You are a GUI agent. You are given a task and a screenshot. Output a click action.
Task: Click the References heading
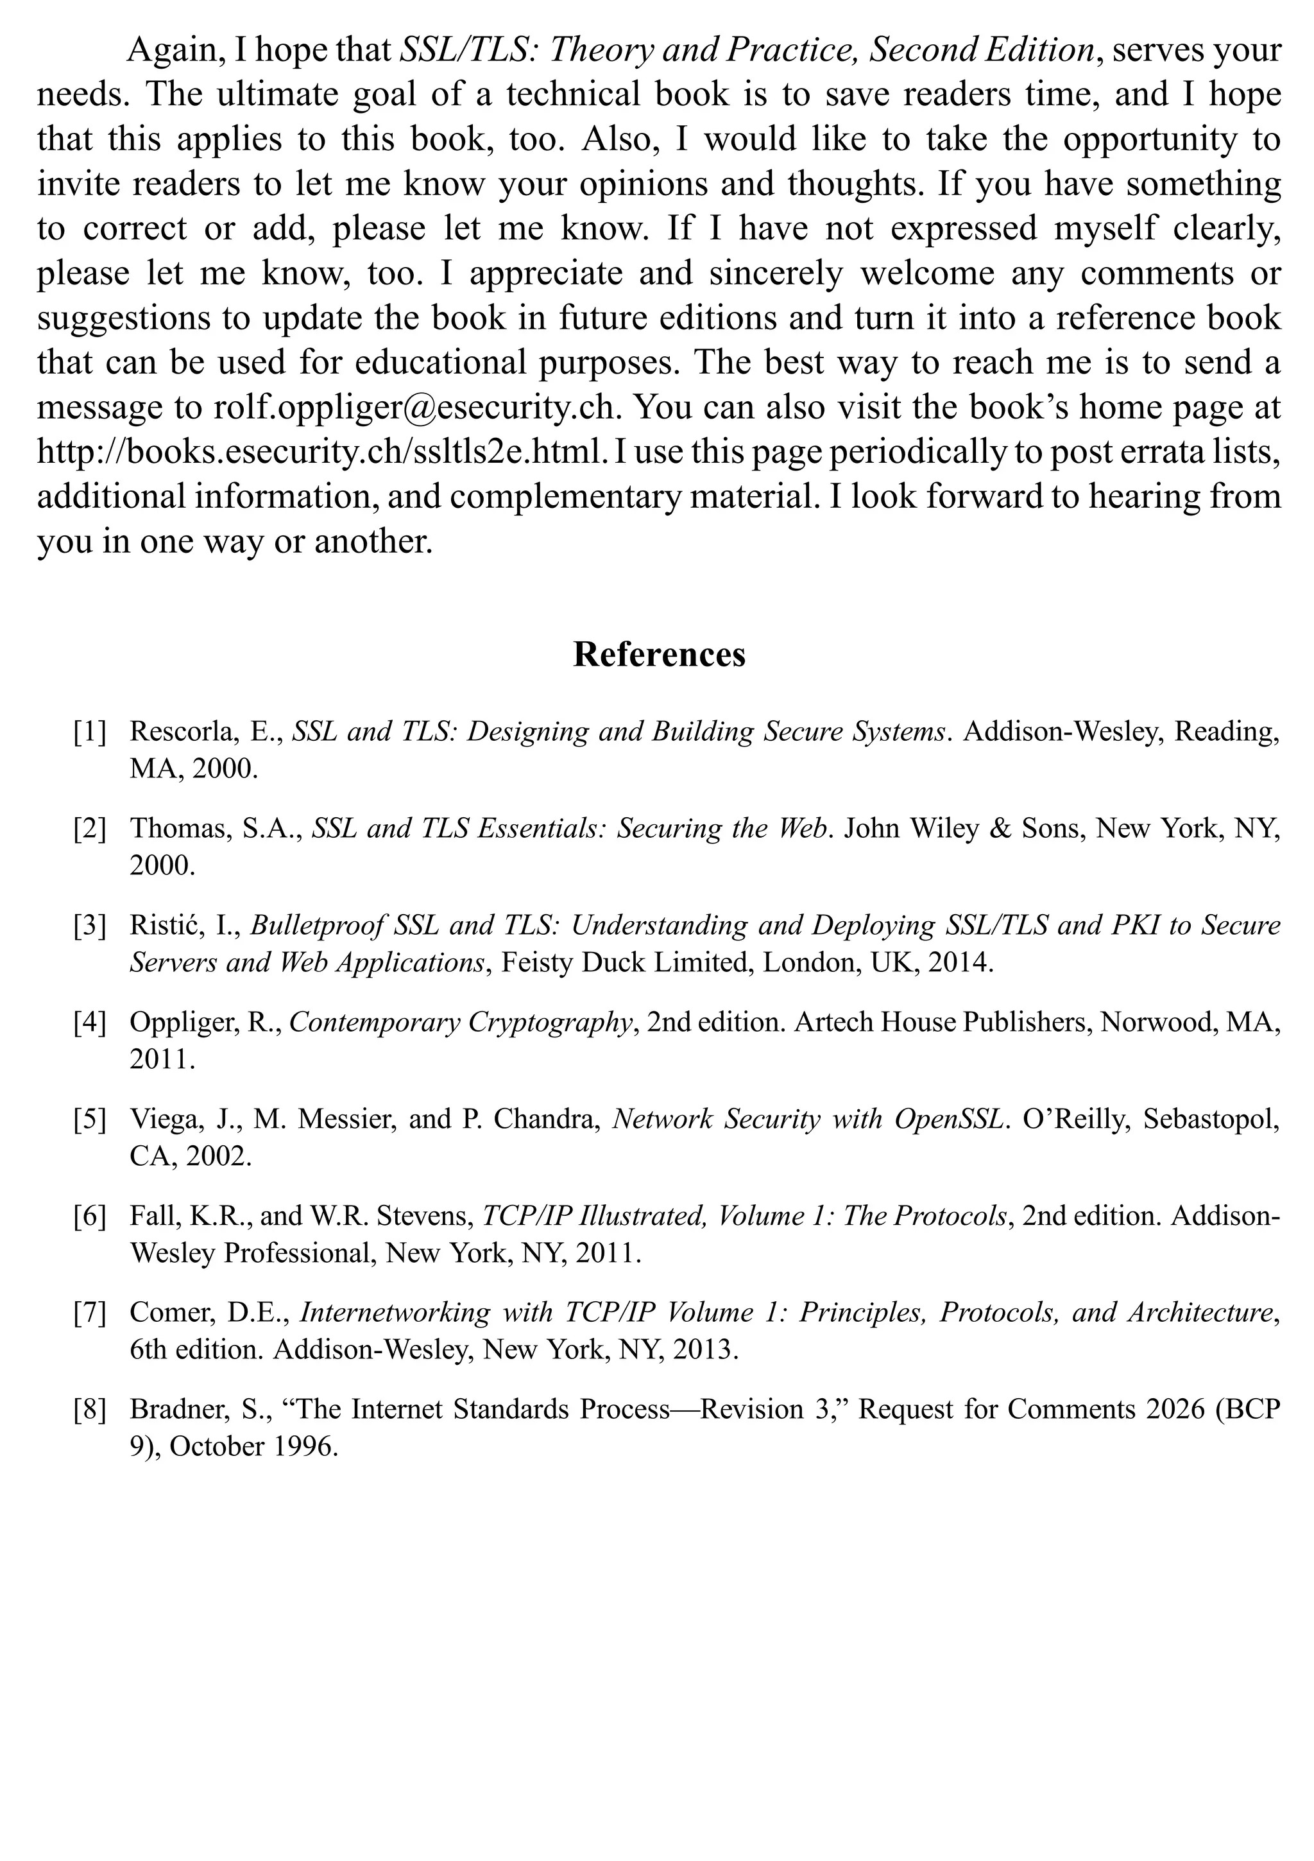[659, 654]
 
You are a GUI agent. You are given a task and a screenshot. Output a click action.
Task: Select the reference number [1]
[89, 732]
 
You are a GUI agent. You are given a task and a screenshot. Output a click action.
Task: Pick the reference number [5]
[89, 1120]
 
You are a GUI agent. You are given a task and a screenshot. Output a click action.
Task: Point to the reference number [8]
[89, 1410]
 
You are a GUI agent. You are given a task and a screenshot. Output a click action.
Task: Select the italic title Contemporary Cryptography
[460, 1022]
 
